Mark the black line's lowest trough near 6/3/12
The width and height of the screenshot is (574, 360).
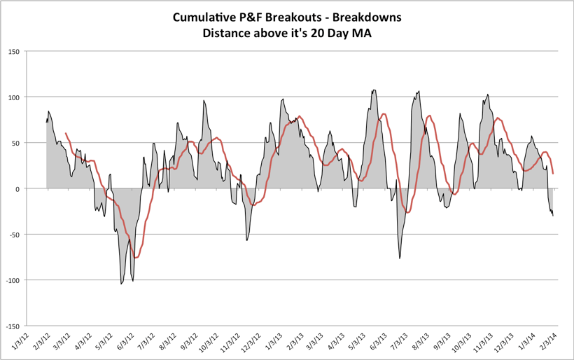click(x=121, y=284)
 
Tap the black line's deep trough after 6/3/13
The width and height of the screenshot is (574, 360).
click(x=400, y=258)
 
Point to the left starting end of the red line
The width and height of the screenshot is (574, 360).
click(x=66, y=133)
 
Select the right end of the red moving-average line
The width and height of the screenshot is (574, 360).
click(x=553, y=173)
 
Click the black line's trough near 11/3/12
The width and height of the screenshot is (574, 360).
click(x=246, y=240)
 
